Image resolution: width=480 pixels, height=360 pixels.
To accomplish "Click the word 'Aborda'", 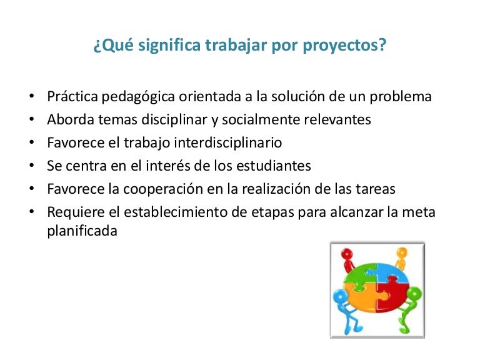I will tap(67, 119).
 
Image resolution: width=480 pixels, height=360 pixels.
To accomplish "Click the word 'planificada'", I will tap(82, 231).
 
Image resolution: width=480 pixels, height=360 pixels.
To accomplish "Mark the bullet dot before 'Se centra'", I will tap(32, 166).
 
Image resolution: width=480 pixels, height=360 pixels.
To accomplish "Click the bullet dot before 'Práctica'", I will tap(32, 97).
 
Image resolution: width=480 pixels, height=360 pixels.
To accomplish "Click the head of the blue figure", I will tap(341, 295).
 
